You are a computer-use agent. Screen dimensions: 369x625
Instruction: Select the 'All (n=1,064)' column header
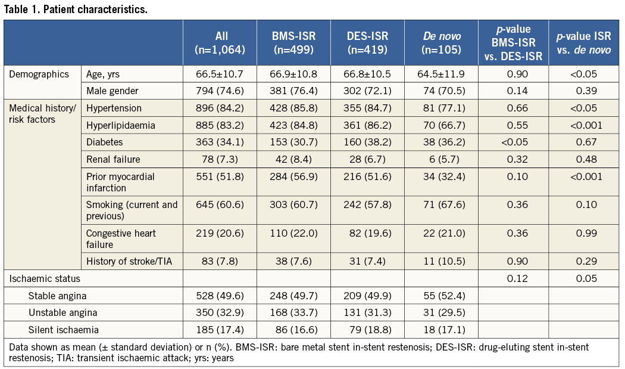pos(220,43)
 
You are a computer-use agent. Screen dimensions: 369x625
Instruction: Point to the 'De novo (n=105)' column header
pos(441,43)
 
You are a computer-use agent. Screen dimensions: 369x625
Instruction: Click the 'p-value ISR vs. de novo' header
pos(584,43)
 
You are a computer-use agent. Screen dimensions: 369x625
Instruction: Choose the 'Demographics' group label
pos(39,75)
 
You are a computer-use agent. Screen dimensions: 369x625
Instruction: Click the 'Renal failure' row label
pos(114,159)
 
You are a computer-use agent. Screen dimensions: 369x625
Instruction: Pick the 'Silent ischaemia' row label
pos(64,328)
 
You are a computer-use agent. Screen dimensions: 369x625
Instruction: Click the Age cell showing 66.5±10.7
pos(220,75)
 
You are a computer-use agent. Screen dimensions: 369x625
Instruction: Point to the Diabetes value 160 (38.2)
pos(367,142)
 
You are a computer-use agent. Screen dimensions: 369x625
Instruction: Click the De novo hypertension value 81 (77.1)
pos(441,108)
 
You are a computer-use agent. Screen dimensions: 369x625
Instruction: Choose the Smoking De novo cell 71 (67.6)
pos(441,205)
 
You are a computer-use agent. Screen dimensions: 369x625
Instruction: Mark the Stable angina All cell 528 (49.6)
pos(220,295)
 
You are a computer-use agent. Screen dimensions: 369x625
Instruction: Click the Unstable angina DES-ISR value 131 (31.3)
pos(367,312)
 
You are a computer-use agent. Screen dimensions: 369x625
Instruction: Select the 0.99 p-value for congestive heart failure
pos(584,233)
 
